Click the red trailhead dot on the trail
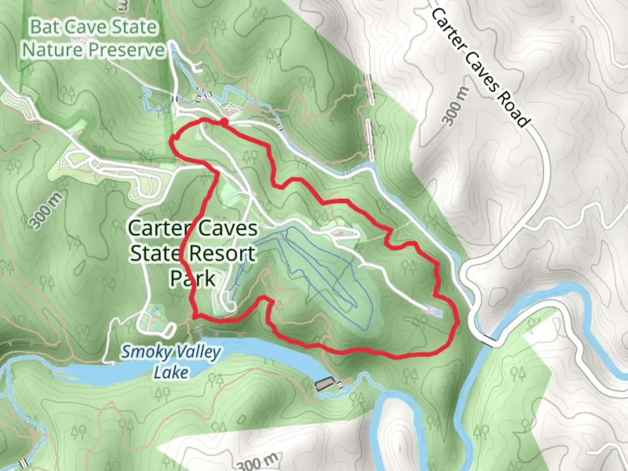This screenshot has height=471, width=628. click(x=223, y=122)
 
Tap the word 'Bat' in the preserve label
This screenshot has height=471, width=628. click(x=44, y=27)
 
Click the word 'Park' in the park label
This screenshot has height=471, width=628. click(x=193, y=278)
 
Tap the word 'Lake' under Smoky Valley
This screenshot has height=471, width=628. click(x=171, y=372)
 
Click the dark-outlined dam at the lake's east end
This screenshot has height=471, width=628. click(x=323, y=384)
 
